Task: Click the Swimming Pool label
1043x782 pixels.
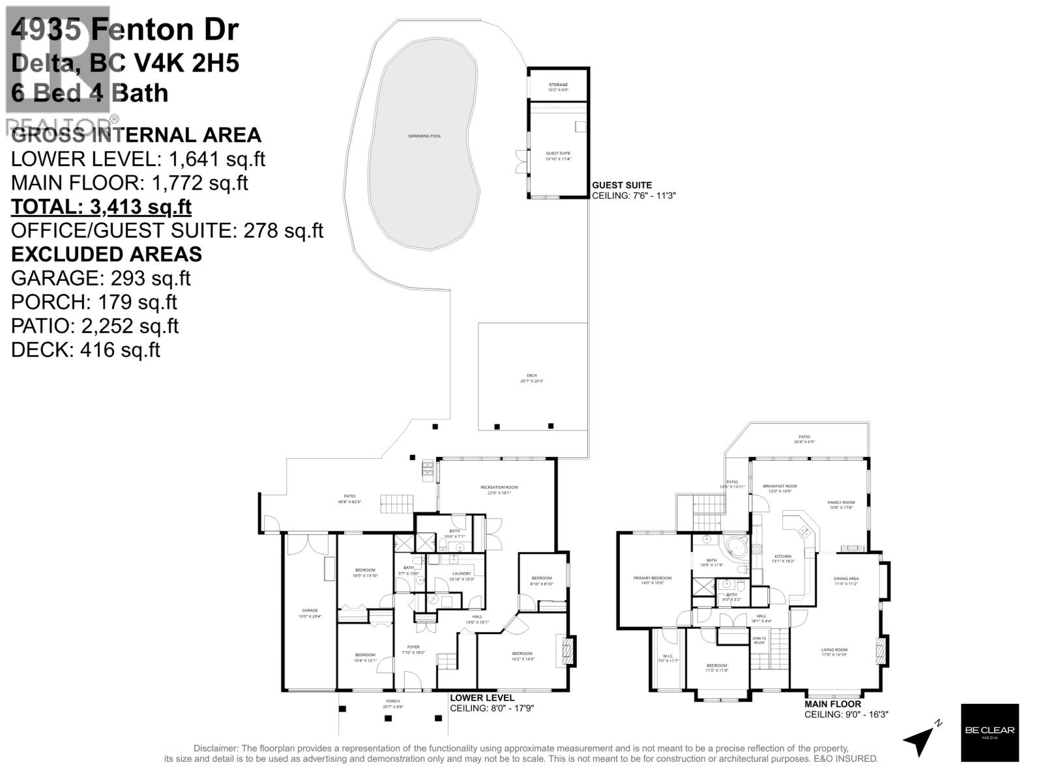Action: coord(424,136)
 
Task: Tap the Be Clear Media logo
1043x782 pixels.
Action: coord(990,732)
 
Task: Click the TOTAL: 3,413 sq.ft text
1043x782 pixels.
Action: coord(101,207)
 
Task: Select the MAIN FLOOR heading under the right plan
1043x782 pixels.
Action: coord(832,704)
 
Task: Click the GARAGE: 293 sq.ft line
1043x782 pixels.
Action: coord(100,278)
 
